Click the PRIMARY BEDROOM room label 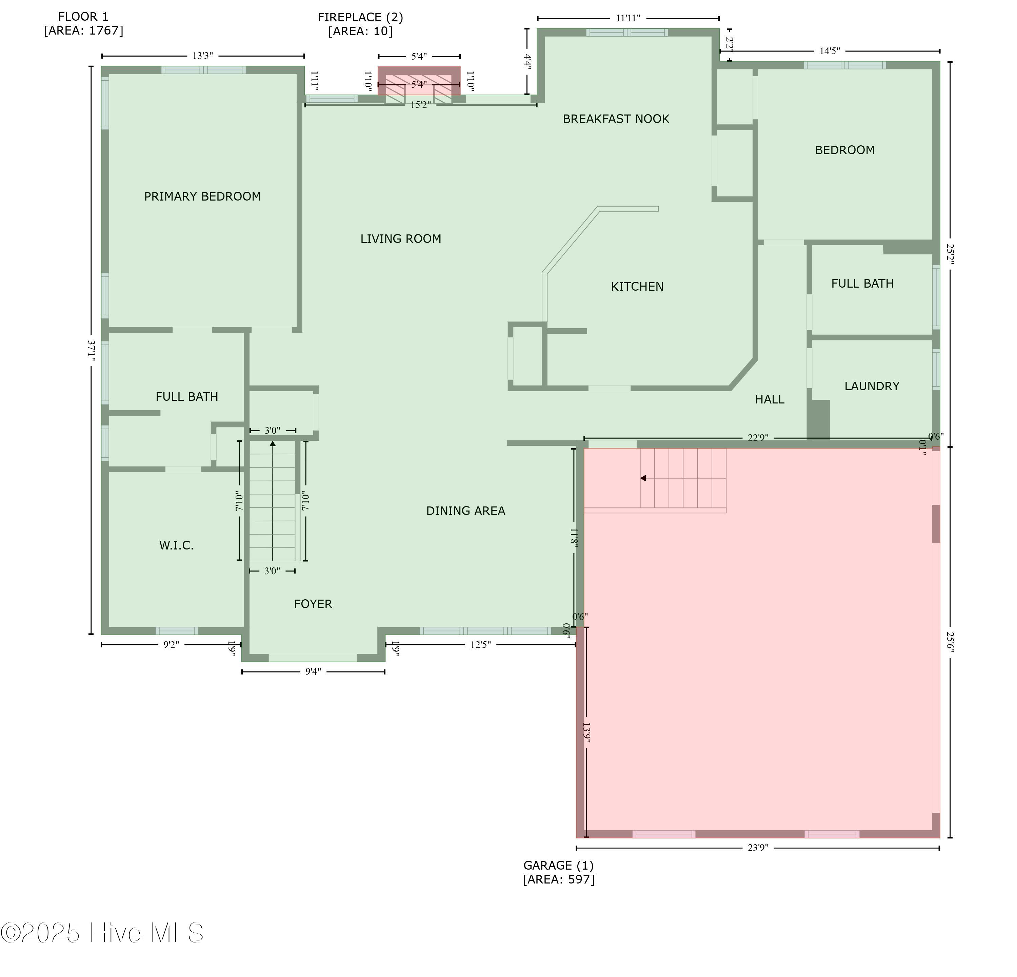pos(202,196)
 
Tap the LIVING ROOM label pos(401,239)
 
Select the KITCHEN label pos(637,287)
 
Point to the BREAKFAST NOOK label pos(616,119)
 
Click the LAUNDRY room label pos(872,386)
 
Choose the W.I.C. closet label pos(176,545)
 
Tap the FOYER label pos(313,604)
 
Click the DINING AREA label pos(465,511)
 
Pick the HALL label pos(770,400)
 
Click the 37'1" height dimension pos(91,351)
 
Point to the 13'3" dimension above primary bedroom pos(203,56)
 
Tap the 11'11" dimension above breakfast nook pos(628,18)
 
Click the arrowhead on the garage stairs pos(643,478)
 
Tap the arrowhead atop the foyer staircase pos(273,443)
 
